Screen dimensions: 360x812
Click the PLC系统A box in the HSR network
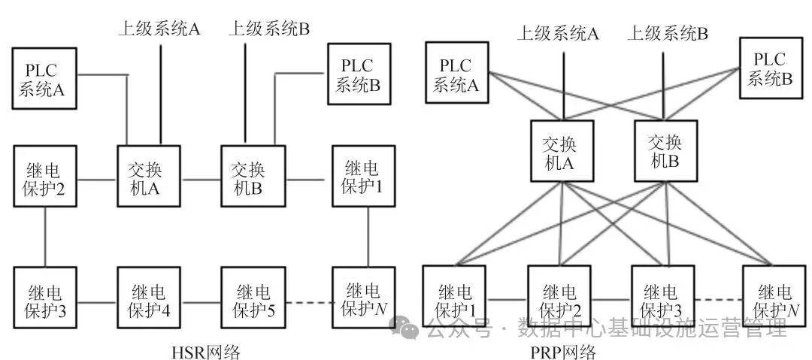point(44,78)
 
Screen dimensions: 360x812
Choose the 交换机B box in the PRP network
point(665,153)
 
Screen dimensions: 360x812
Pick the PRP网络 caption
point(562,351)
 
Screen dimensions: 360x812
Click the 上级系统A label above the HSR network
point(159,29)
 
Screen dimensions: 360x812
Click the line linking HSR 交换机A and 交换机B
point(201,180)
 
